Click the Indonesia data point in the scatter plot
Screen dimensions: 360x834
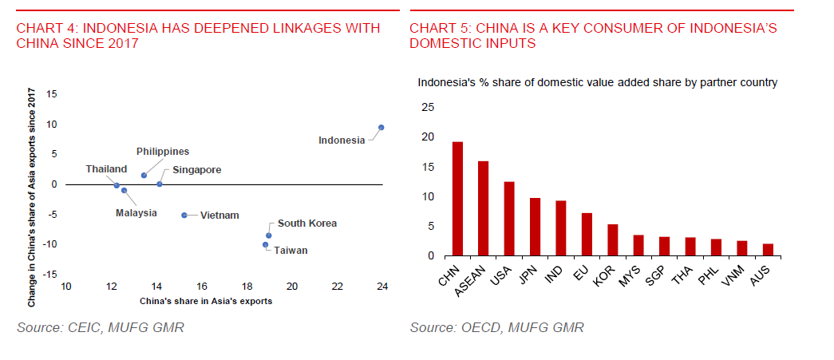(x=381, y=128)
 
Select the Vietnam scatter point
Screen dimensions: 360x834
(x=184, y=216)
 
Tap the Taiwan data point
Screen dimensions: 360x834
(x=265, y=245)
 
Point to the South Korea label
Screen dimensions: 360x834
(x=307, y=224)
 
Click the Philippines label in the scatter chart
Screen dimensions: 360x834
(x=163, y=151)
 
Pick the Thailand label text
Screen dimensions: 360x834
(x=106, y=169)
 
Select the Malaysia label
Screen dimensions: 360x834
(x=136, y=213)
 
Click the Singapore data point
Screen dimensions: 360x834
(x=160, y=184)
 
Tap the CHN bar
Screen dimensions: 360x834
(x=457, y=199)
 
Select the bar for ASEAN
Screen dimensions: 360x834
(x=484, y=208)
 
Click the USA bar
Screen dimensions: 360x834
(x=509, y=219)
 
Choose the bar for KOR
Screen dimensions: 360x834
(x=613, y=240)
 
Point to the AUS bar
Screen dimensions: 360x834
(x=768, y=250)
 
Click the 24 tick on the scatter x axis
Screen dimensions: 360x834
(x=382, y=287)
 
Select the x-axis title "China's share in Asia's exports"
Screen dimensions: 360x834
(x=206, y=301)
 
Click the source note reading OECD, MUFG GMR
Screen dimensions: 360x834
(x=497, y=328)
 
